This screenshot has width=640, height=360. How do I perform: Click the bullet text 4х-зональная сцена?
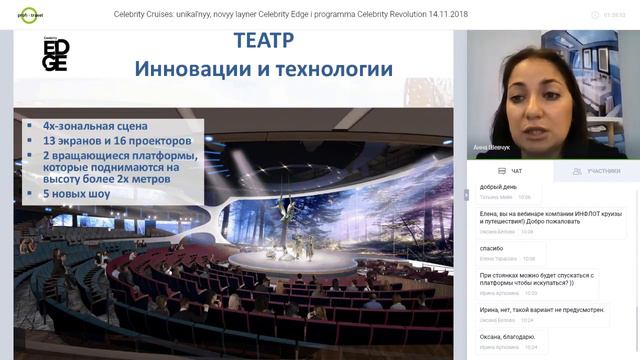pos(95,126)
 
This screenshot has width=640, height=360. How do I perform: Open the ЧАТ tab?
pos(509,171)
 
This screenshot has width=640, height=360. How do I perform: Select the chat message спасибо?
pos(492,248)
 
